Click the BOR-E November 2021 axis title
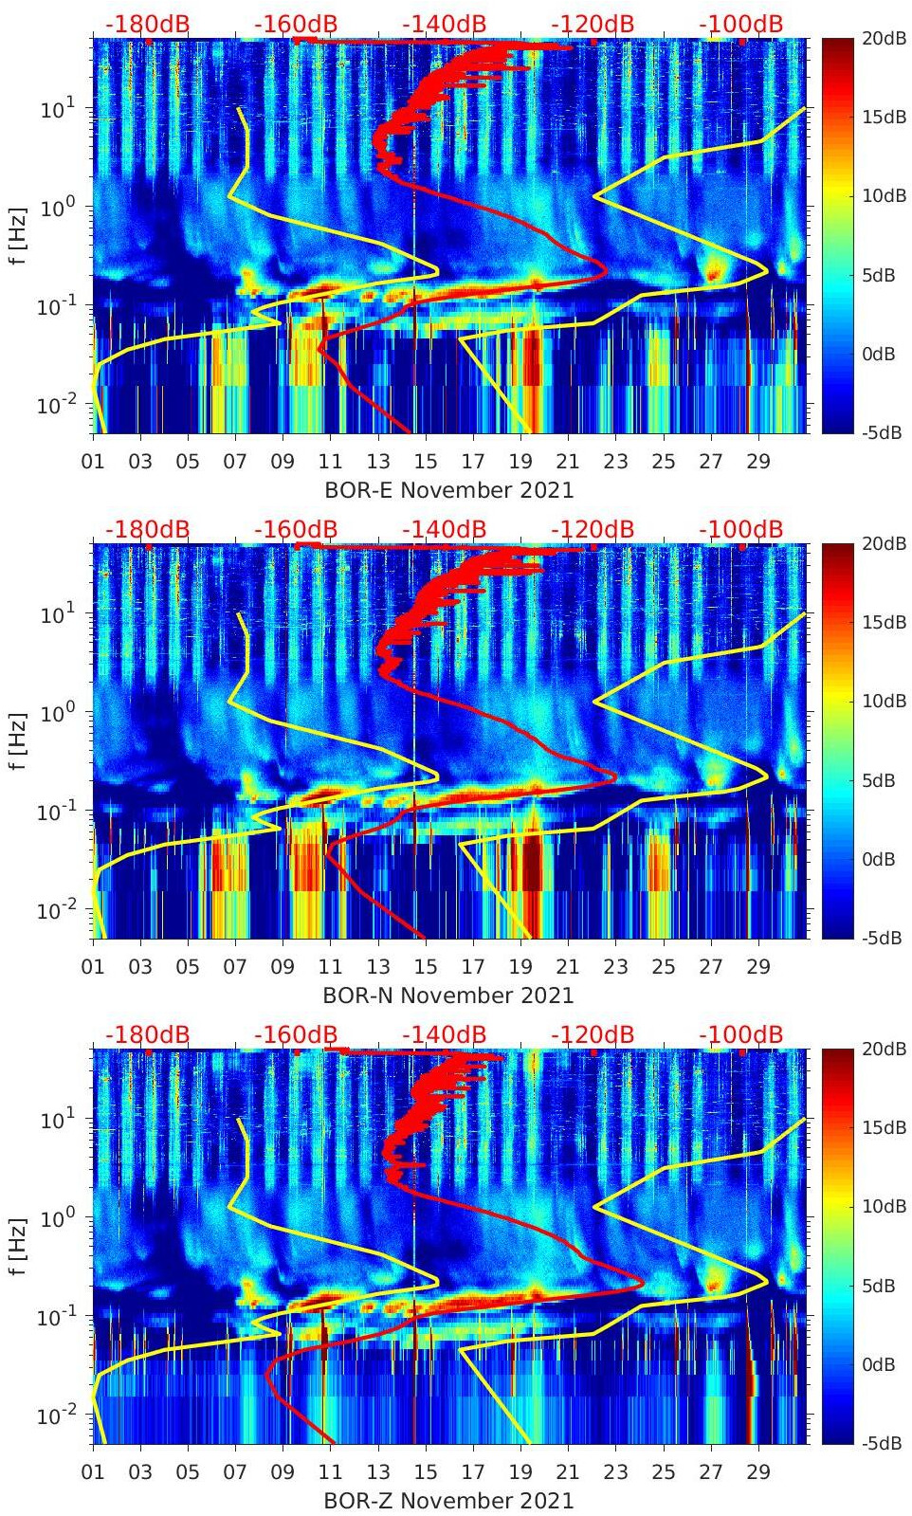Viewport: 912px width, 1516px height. tap(448, 490)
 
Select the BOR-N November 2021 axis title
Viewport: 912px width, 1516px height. tap(448, 995)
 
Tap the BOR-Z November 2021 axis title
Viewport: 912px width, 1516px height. tap(448, 1501)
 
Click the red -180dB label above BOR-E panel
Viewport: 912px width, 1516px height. tap(147, 25)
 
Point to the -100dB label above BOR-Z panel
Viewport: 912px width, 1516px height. tap(740, 1034)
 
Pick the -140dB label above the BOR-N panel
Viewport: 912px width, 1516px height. tap(444, 529)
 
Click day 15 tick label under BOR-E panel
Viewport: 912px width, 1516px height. tap(426, 462)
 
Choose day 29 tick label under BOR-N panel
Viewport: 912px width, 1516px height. tap(758, 967)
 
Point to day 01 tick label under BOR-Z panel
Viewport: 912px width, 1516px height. tap(93, 1472)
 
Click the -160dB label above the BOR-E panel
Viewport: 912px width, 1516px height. tap(296, 25)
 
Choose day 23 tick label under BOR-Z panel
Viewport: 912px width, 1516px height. tap(615, 1472)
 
